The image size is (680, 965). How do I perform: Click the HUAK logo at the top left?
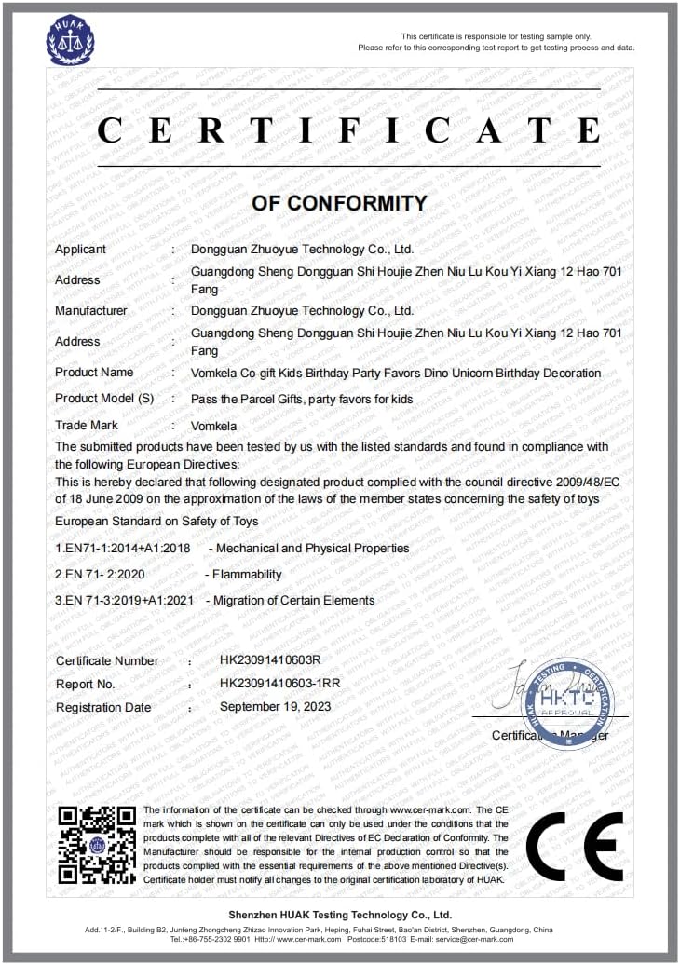pyautogui.click(x=71, y=40)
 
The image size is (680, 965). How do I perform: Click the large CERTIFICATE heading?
pyautogui.click(x=348, y=129)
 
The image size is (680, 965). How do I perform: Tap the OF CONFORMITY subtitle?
pyautogui.click(x=339, y=203)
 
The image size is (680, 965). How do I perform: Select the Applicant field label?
pyautogui.click(x=81, y=250)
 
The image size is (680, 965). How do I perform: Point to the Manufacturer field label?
pyautogui.click(x=91, y=311)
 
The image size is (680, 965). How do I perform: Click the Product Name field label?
pyautogui.click(x=94, y=373)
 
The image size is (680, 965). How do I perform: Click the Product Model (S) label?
pyautogui.click(x=104, y=399)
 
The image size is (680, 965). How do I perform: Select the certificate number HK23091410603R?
pyautogui.click(x=270, y=660)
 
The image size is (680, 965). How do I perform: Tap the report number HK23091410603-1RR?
pyautogui.click(x=279, y=684)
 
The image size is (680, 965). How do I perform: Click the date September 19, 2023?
pyautogui.click(x=275, y=707)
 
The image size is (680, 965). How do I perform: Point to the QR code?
pyautogui.click(x=97, y=845)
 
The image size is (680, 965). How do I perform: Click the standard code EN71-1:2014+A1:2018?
pyautogui.click(x=122, y=549)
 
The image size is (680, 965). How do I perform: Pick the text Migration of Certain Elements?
pyautogui.click(x=294, y=601)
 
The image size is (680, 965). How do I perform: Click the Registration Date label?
pyautogui.click(x=103, y=708)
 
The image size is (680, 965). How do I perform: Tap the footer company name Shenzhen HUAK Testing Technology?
pyautogui.click(x=340, y=916)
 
